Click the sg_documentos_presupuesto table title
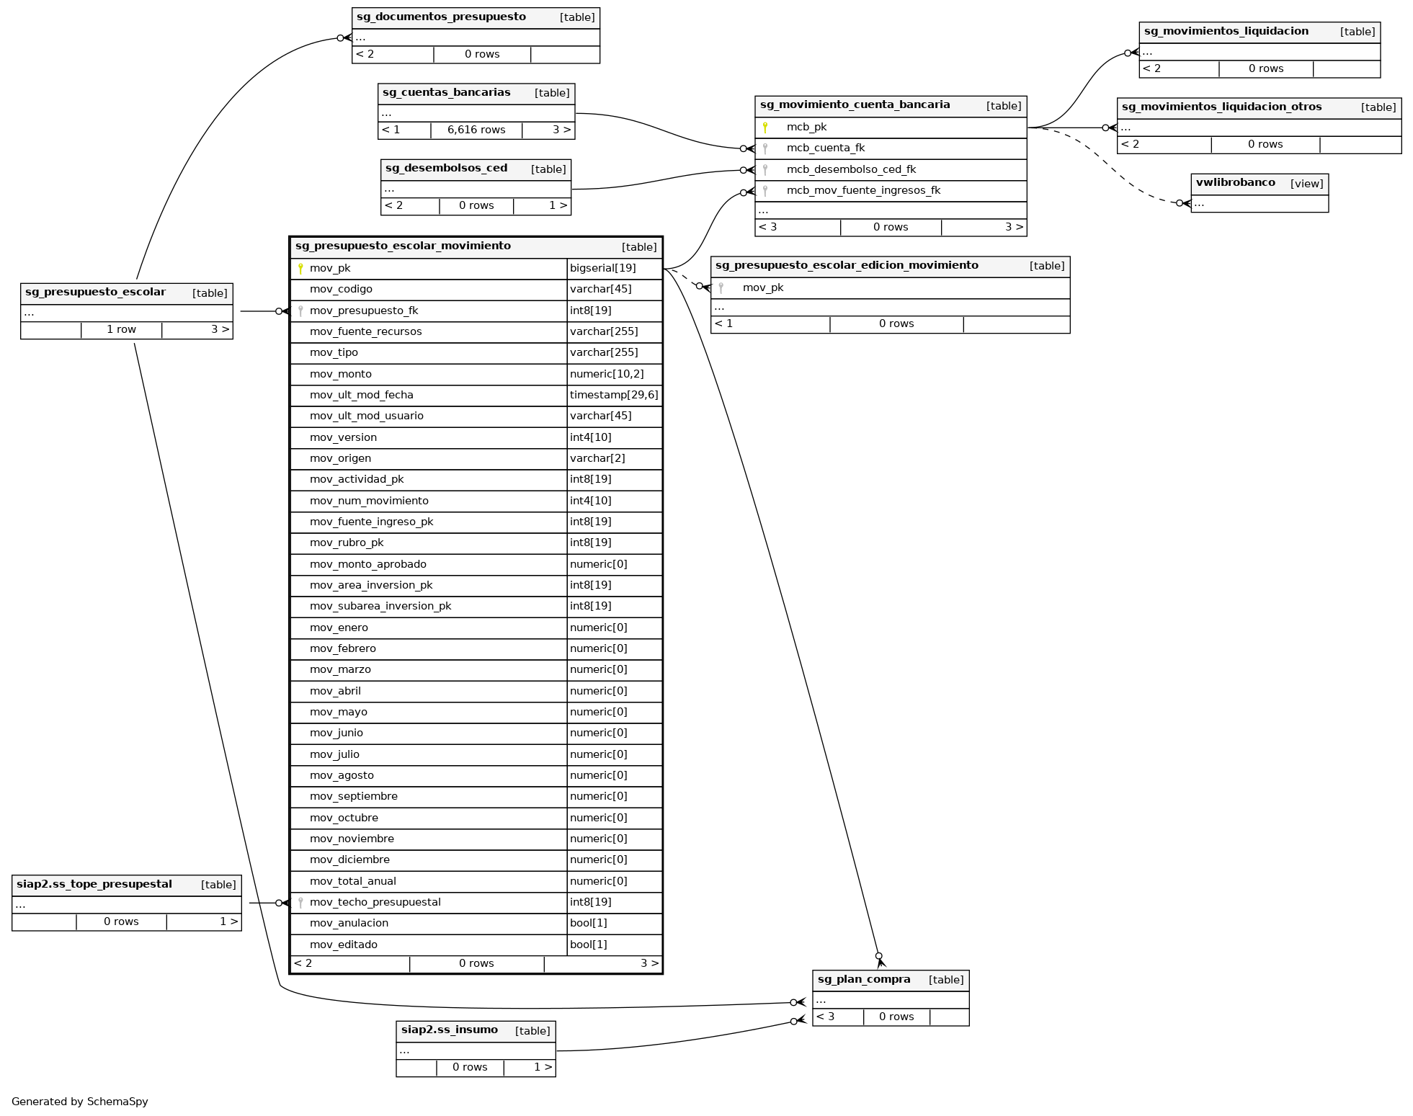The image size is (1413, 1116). tap(441, 17)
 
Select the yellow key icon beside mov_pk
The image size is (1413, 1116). tap(300, 269)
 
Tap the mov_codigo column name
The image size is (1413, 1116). tap(341, 290)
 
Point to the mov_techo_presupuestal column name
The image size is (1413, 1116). tap(375, 903)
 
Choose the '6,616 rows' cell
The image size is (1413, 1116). tap(476, 130)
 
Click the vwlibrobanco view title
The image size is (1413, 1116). tap(1235, 183)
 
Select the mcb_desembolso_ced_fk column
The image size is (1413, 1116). tap(851, 170)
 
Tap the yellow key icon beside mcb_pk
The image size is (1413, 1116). tap(765, 128)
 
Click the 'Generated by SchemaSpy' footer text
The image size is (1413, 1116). tap(80, 1102)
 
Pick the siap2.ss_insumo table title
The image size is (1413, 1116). tap(449, 1030)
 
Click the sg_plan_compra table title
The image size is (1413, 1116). tap(864, 980)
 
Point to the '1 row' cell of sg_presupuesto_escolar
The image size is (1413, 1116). tap(121, 330)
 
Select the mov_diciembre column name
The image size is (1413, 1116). tap(349, 860)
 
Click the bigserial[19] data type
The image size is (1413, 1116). tap(602, 269)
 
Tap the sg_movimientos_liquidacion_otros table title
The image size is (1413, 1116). tap(1221, 107)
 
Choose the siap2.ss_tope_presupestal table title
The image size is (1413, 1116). tap(94, 885)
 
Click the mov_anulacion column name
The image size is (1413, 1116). tap(349, 924)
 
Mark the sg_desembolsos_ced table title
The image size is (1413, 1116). tap(446, 169)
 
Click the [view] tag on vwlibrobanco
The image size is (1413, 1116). tap(1306, 184)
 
